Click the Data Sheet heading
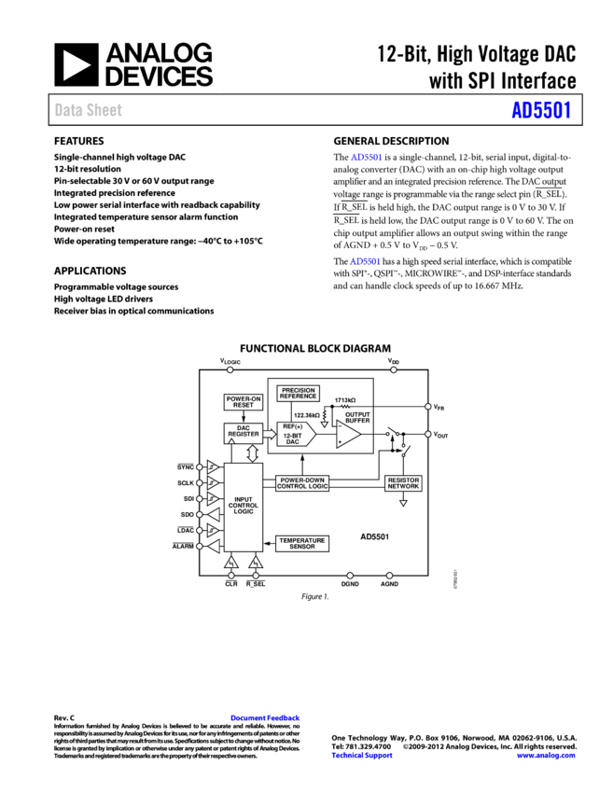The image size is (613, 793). [x=88, y=109]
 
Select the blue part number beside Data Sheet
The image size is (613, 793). [x=540, y=110]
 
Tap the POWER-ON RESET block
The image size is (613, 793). [x=243, y=402]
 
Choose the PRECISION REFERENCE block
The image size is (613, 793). [x=298, y=393]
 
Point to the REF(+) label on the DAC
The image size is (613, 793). [x=293, y=426]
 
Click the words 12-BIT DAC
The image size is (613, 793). [x=293, y=438]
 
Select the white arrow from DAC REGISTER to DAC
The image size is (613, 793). [x=270, y=434]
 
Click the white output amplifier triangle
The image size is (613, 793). [x=347, y=434]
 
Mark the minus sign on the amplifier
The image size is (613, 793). [x=341, y=427]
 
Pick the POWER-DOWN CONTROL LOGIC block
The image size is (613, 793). [x=302, y=483]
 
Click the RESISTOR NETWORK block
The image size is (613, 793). [x=403, y=483]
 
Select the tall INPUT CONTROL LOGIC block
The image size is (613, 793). [x=244, y=507]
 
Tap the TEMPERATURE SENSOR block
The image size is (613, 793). [x=302, y=543]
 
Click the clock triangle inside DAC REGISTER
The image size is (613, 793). [x=231, y=440]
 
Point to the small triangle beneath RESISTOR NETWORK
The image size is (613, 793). [x=403, y=503]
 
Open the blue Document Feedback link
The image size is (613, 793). [x=265, y=717]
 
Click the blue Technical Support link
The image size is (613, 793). [x=361, y=755]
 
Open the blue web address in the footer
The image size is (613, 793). [x=545, y=755]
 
